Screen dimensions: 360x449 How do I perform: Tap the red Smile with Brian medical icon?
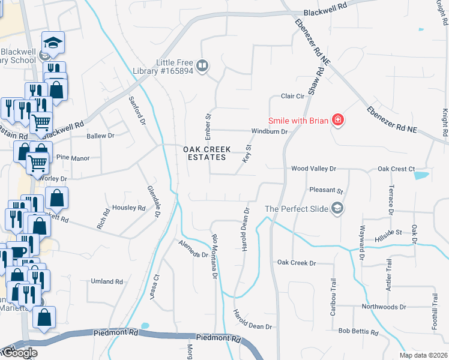pyautogui.click(x=338, y=121)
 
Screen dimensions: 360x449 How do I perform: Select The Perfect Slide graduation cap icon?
pyautogui.click(x=338, y=209)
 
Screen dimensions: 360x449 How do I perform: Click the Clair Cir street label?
pyautogui.click(x=293, y=96)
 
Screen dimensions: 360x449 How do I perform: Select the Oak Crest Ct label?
pyautogui.click(x=396, y=169)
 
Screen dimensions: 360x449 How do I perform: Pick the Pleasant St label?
pyautogui.click(x=326, y=190)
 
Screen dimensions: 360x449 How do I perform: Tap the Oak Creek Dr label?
pyautogui.click(x=296, y=263)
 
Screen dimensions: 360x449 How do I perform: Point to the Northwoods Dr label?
pyautogui.click(x=384, y=307)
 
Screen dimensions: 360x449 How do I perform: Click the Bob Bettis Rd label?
pyautogui.click(x=358, y=331)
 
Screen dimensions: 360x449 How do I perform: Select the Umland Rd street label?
pyautogui.click(x=107, y=281)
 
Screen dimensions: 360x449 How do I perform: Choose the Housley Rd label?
pyautogui.click(x=129, y=208)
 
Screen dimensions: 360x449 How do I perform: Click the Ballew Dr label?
pyautogui.click(x=100, y=136)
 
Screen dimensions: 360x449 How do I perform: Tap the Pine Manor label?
pyautogui.click(x=73, y=158)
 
